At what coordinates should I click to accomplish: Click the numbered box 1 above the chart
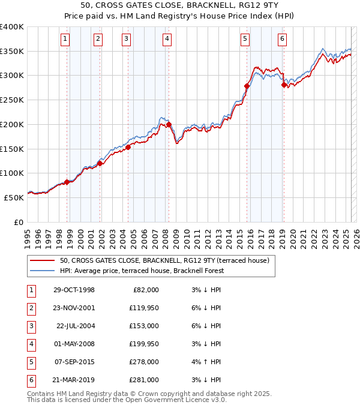[x=65, y=40]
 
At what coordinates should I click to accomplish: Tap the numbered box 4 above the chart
[x=166, y=40]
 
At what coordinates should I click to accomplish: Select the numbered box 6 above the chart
[x=282, y=40]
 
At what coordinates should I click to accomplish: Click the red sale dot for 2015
[x=247, y=86]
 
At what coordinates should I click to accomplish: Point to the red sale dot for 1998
[x=67, y=182]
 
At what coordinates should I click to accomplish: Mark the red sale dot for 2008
[x=169, y=125]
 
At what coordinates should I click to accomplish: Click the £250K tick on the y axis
[x=11, y=100]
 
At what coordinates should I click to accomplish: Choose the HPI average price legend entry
[x=141, y=271]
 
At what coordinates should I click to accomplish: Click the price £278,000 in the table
[x=144, y=362]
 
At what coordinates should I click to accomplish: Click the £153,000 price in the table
[x=144, y=326]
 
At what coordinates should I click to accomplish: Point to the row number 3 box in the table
[x=31, y=326]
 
